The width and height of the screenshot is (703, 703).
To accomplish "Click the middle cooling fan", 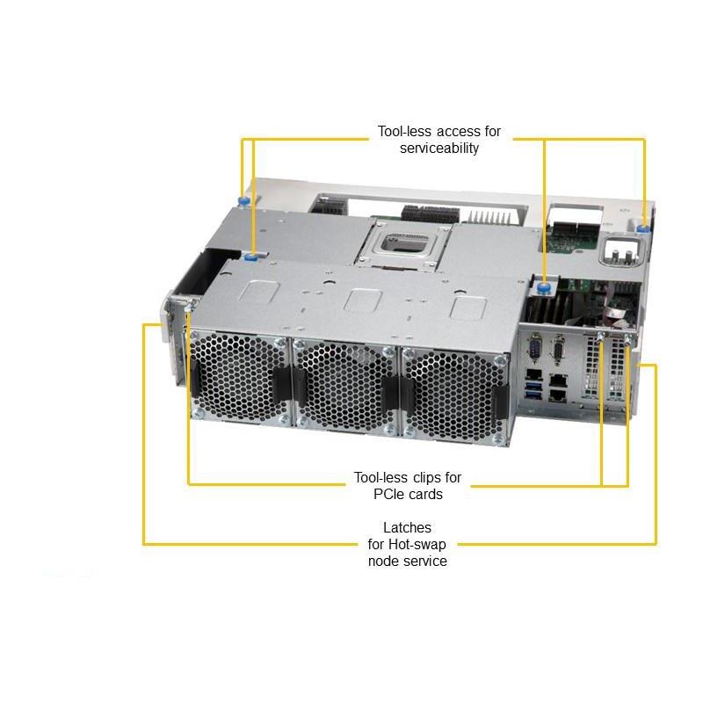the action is [x=346, y=387].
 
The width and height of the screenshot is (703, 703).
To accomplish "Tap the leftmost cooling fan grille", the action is [x=240, y=376].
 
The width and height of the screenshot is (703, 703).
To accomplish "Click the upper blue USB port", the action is [x=533, y=386].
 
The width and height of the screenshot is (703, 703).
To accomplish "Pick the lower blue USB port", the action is [x=533, y=395].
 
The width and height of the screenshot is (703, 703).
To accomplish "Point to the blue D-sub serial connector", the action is [x=534, y=346].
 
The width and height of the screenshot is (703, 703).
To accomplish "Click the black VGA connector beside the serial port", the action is [x=559, y=349].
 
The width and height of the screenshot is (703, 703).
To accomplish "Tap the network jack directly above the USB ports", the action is [x=533, y=374].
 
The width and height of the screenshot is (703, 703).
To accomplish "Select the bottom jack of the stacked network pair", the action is [x=559, y=395].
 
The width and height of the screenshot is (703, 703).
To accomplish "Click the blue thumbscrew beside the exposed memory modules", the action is [x=545, y=287].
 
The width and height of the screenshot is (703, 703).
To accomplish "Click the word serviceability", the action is [x=439, y=148].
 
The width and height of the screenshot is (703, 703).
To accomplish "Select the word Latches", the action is [x=407, y=527].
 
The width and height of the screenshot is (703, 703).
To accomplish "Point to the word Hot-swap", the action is [x=417, y=544].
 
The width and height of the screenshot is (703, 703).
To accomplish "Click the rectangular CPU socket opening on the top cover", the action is [x=402, y=243].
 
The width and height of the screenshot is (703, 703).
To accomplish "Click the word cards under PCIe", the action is [x=425, y=494].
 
